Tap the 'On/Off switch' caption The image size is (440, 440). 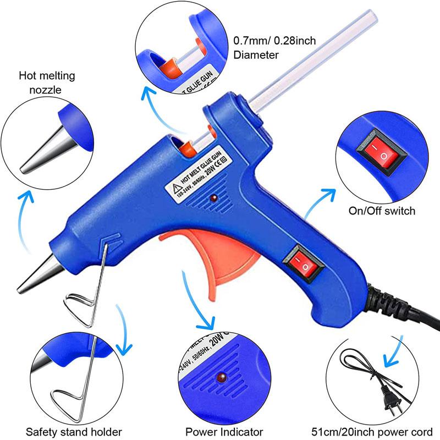tap(382, 211)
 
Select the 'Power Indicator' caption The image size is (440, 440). tap(224, 432)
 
